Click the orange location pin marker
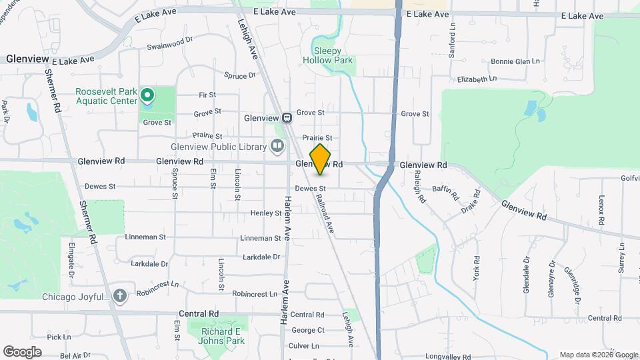(320, 159)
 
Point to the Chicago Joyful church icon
(119, 295)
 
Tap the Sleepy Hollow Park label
(328, 56)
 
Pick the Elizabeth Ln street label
(477, 79)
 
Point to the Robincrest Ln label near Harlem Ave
(254, 293)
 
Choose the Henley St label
(266, 213)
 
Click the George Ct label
(308, 330)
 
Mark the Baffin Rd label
(446, 194)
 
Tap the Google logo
(22, 352)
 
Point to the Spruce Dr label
(240, 75)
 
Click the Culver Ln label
(304, 346)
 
